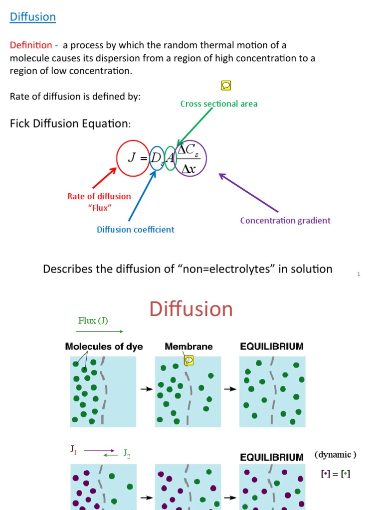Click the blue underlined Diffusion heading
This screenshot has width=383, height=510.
point(33,17)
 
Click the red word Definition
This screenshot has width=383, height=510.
point(30,45)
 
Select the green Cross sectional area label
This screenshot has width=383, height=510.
point(219,104)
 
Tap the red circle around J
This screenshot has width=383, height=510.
point(132,158)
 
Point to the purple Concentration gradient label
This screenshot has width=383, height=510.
point(285,220)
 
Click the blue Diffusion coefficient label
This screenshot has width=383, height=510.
point(135,230)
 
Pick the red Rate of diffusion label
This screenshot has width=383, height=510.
point(99,196)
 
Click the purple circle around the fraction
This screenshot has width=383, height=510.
point(190,158)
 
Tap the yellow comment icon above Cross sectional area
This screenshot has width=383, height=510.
point(225,86)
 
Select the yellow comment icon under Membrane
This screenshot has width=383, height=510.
point(189,360)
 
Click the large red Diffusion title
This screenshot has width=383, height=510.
point(191,309)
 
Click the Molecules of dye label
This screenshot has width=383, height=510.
point(104,347)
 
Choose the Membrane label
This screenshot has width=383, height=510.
point(189,347)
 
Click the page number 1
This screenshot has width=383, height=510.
point(358,274)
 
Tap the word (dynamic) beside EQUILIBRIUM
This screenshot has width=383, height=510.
point(335,455)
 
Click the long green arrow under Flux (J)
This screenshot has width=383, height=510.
point(100,331)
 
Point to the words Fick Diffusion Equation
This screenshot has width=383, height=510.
point(70,124)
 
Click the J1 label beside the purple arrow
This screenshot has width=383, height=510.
point(74,450)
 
